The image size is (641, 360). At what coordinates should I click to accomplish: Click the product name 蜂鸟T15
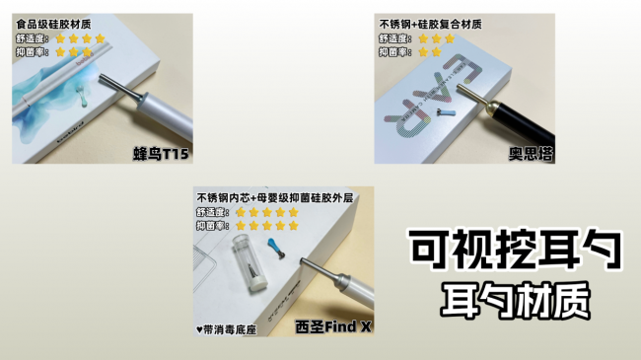(162, 154)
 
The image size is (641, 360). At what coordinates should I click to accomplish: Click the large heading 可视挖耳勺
(518, 252)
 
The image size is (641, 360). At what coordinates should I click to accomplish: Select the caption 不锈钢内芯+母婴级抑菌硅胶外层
(274, 196)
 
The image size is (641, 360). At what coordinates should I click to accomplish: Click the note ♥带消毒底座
(227, 328)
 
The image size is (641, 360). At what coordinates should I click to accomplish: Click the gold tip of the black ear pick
(481, 96)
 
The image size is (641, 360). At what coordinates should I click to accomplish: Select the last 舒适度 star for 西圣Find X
(293, 211)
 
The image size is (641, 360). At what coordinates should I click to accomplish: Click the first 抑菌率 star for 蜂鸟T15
(60, 52)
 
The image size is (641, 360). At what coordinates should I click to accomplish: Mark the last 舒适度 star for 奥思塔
(451, 38)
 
